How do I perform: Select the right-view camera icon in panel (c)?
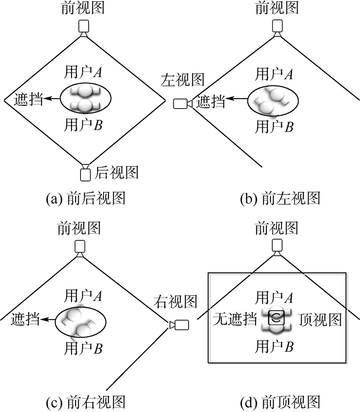point(181,324)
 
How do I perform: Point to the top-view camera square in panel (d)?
point(275,318)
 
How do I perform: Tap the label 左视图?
point(183,81)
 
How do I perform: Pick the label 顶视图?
point(320,320)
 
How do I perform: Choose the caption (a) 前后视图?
point(85,198)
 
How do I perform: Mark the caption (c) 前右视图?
point(85,402)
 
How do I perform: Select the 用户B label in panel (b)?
point(274,127)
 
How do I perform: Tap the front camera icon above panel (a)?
point(84,27)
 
